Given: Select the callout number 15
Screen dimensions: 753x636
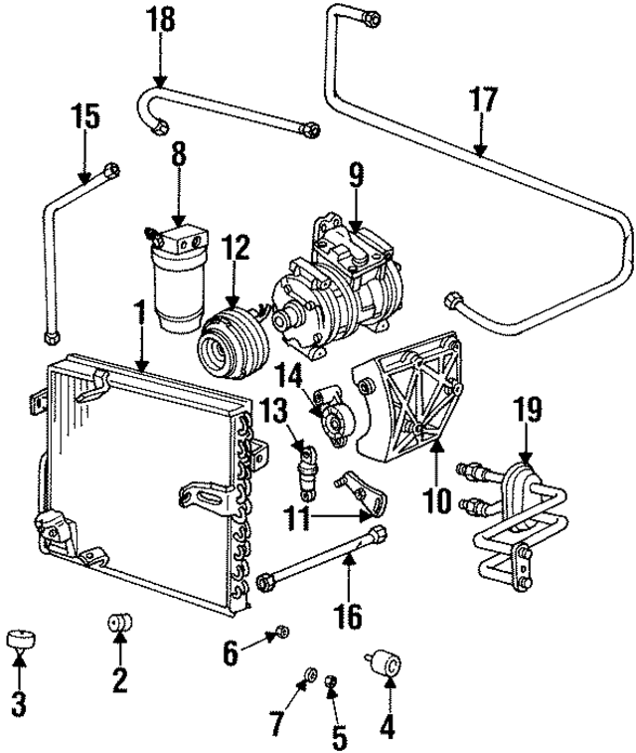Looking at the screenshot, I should (85, 116).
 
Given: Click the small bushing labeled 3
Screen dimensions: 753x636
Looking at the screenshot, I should (19, 639).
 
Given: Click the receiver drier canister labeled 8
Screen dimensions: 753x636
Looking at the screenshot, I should (176, 283).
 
